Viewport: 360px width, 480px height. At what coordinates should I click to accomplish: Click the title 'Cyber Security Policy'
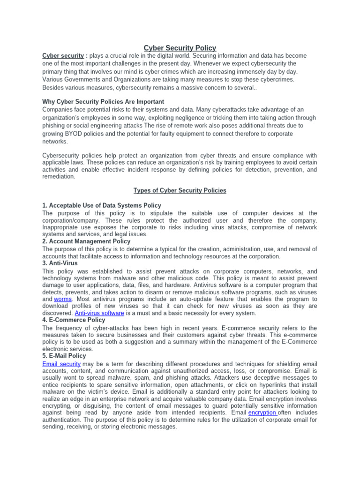(180, 48)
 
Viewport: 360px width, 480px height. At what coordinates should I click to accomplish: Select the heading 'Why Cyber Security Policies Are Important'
(103, 102)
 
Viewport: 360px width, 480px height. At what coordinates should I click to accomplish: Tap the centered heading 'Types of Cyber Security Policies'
(180, 190)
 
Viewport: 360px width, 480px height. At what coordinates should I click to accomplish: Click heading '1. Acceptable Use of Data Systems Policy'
(102, 205)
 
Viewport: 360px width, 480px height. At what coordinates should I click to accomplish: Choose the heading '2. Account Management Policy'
(86, 241)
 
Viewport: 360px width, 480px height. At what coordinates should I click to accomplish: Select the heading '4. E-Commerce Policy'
(74, 320)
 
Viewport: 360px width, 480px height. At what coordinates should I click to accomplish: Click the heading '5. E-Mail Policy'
(64, 356)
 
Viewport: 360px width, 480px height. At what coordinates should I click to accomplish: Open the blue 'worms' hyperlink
(63, 299)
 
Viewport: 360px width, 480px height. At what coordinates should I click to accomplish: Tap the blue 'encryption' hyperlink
(262, 412)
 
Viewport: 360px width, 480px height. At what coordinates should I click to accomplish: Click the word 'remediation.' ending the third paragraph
(59, 177)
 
